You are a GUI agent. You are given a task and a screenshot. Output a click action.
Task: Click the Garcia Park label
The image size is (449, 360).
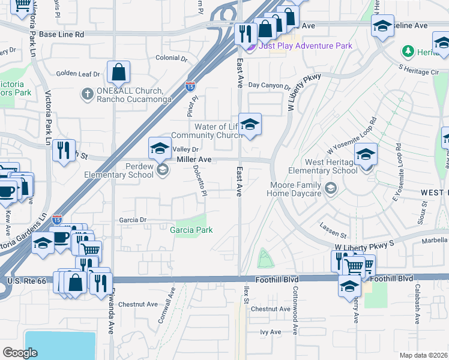[x=191, y=230]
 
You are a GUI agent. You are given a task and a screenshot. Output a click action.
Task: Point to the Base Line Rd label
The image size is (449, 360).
[x=61, y=34]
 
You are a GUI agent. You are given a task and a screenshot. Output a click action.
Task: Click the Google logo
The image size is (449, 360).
[x=20, y=353]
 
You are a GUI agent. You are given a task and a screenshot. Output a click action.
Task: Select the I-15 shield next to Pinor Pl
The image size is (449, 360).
[x=190, y=86]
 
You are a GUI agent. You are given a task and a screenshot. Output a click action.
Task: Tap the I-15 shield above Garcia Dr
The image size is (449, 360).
[x=57, y=220]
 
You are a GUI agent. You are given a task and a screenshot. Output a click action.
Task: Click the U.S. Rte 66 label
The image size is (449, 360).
[x=28, y=281]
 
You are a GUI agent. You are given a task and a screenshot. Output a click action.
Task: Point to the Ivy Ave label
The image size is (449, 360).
[x=270, y=332]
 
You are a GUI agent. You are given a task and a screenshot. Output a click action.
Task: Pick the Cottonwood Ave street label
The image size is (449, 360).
[x=295, y=310]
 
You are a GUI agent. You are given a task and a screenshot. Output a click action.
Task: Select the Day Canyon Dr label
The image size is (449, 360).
[x=269, y=86]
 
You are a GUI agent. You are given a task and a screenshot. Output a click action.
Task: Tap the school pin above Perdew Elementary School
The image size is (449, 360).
[x=160, y=148]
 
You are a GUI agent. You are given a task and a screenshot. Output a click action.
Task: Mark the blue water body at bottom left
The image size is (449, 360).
[x=60, y=345]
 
